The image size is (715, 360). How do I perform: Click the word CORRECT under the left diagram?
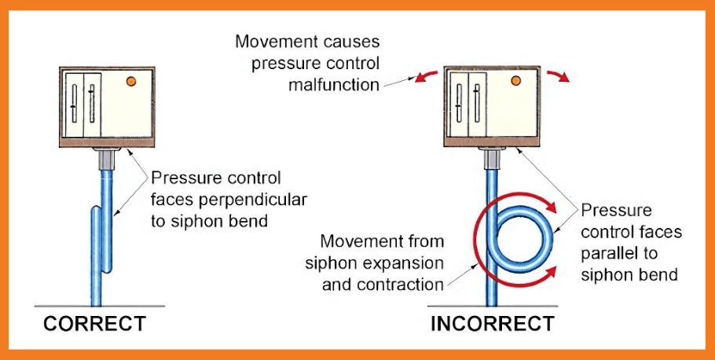(x=94, y=323)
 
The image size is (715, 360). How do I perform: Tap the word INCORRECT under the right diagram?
(x=493, y=323)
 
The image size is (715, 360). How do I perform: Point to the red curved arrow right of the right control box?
(x=559, y=75)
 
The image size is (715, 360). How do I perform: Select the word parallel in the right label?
(x=608, y=254)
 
